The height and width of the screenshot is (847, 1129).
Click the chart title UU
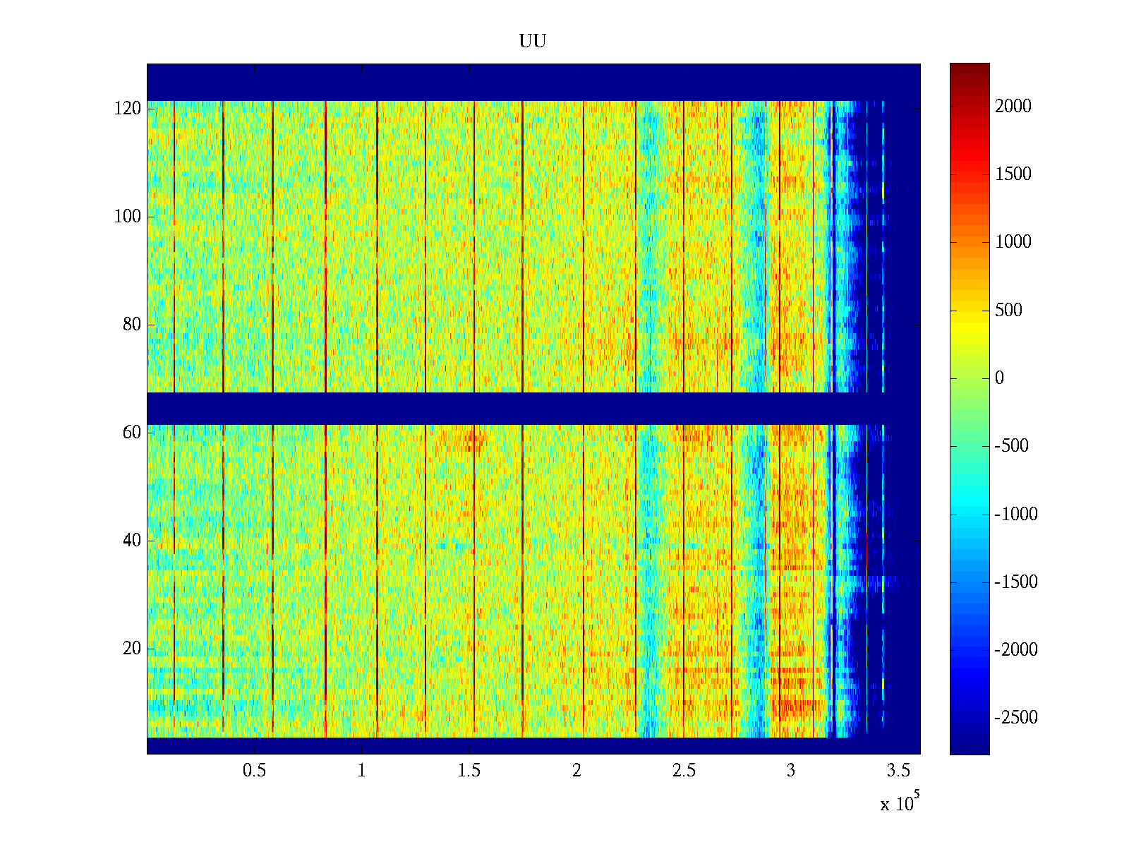click(x=533, y=42)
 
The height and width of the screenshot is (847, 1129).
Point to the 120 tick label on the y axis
click(x=128, y=109)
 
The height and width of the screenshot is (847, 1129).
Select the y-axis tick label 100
click(x=128, y=217)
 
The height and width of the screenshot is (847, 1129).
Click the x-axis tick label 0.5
click(x=254, y=771)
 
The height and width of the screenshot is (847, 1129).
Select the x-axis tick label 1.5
click(x=469, y=771)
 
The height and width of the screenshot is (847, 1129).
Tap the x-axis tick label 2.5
click(x=684, y=771)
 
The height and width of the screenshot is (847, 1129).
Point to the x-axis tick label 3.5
click(x=898, y=771)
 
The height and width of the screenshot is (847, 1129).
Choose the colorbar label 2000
click(x=1013, y=107)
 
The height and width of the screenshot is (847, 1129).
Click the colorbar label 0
click(x=999, y=378)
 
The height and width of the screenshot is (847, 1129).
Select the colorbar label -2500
click(x=1016, y=718)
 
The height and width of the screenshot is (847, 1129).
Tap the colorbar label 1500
click(x=1013, y=174)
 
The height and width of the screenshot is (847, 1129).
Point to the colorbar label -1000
click(x=1016, y=514)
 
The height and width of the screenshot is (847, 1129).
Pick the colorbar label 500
click(x=1009, y=311)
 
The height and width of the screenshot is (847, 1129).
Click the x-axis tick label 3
click(x=791, y=771)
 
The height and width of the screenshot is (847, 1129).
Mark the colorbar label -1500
click(x=1016, y=582)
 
